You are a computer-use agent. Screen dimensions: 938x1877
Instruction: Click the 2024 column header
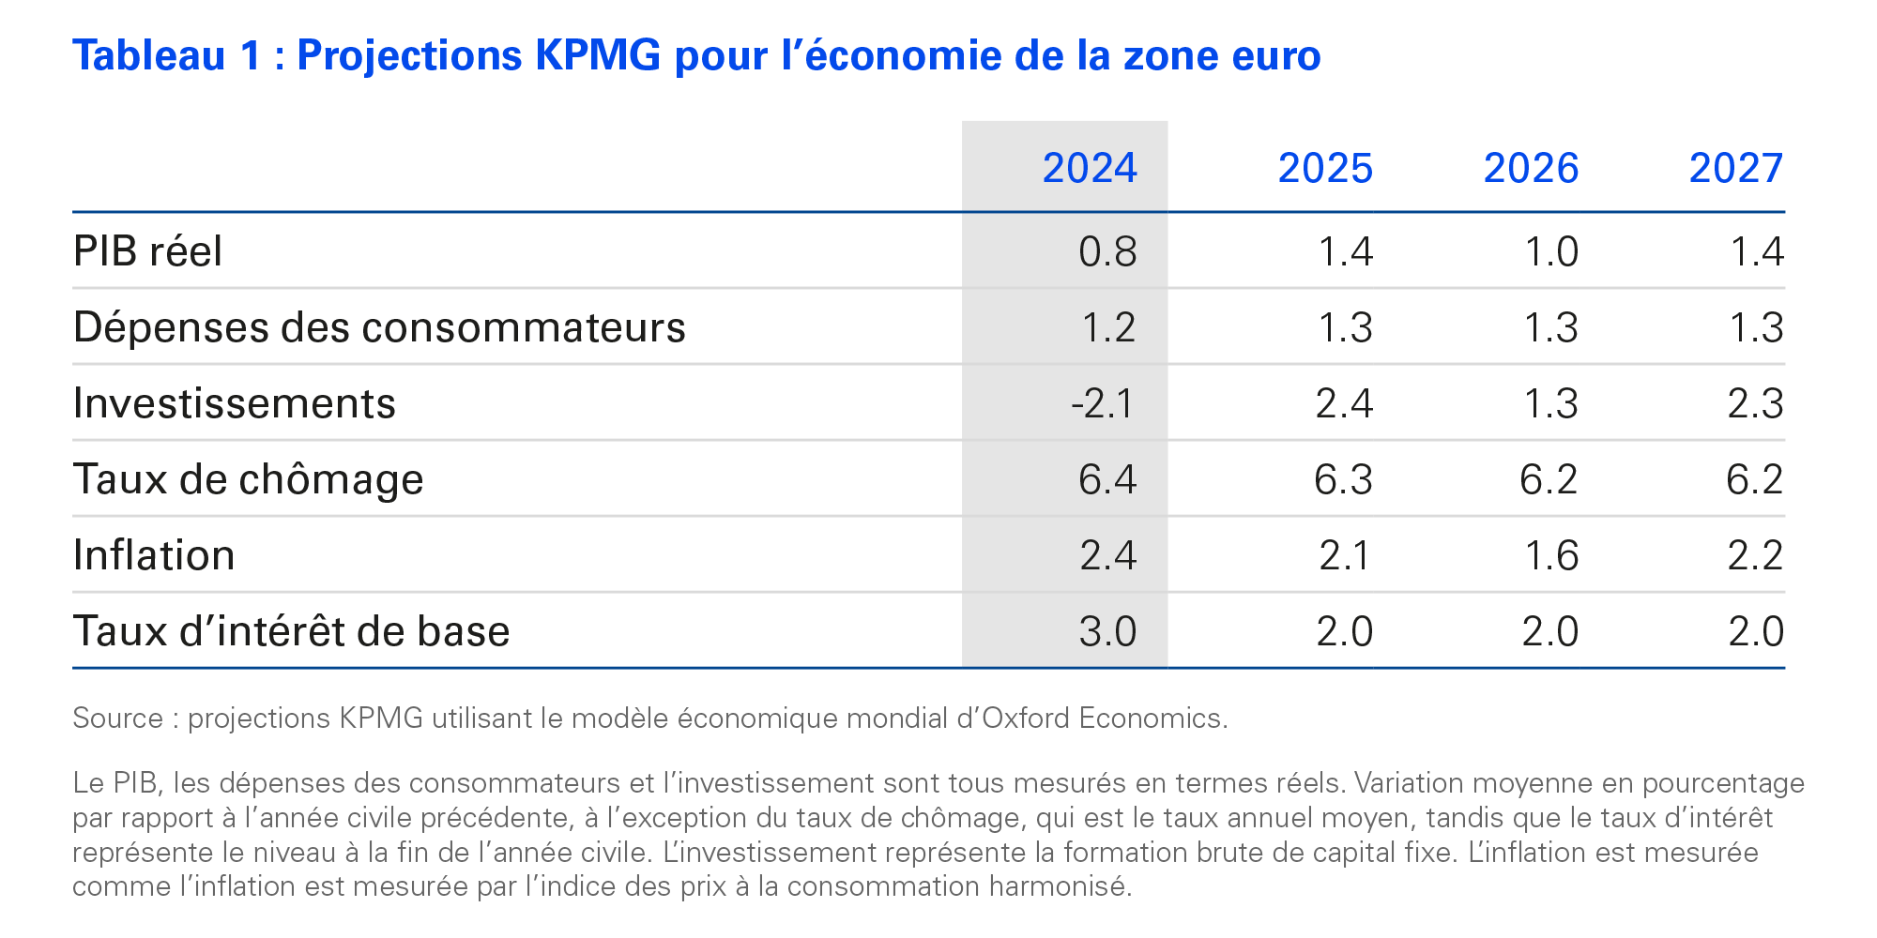click(1089, 169)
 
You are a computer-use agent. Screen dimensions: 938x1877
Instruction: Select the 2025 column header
click(1324, 169)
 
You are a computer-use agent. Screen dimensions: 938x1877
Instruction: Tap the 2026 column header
click(1531, 169)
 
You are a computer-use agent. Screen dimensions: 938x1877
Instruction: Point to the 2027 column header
click(1735, 169)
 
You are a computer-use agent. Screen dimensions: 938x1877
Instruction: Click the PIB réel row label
click(148, 251)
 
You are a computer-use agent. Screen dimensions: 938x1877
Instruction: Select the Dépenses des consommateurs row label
click(379, 327)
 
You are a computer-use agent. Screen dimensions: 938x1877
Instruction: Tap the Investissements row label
click(235, 403)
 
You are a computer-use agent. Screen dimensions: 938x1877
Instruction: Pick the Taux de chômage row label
click(249, 479)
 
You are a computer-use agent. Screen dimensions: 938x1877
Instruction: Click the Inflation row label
click(154, 555)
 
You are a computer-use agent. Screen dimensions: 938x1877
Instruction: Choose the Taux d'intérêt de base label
click(291, 631)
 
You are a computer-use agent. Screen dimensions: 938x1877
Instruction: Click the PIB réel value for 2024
click(1107, 251)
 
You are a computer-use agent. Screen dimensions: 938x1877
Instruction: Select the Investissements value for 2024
click(1103, 403)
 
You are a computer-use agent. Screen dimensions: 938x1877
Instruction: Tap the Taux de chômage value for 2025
click(1343, 479)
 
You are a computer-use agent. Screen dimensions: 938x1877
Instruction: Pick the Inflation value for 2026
click(1550, 555)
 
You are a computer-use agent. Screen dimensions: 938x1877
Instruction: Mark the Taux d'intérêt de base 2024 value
click(1107, 631)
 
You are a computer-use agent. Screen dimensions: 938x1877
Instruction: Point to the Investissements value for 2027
click(1755, 403)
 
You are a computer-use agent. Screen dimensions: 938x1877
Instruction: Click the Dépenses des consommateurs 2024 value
click(1108, 327)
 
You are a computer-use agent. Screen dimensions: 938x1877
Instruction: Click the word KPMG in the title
click(598, 56)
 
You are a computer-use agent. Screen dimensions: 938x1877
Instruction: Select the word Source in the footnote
click(118, 718)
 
